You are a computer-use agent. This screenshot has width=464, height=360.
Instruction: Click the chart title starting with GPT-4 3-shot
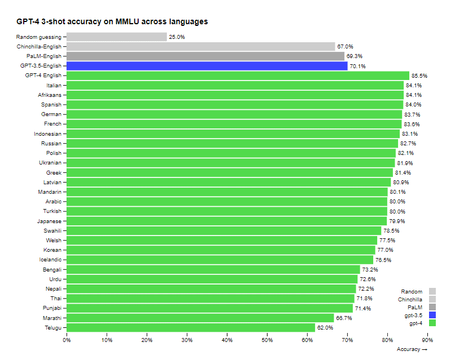pos(112,22)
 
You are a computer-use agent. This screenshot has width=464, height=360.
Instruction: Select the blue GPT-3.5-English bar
pos(207,66)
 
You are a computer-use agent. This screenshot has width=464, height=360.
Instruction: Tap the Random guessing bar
pos(117,37)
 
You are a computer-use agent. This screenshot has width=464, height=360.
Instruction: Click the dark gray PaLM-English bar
pos(205,56)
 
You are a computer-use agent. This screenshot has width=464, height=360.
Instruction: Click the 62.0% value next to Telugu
pos(325,327)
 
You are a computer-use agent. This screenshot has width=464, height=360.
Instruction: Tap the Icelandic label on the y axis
pos(51,260)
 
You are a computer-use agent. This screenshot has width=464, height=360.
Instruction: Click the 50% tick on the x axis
pos(267,340)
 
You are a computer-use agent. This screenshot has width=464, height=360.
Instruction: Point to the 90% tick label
pos(427,340)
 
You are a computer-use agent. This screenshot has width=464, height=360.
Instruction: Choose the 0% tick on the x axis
pos(67,340)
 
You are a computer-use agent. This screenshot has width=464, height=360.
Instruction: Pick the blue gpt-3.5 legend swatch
pos(432,315)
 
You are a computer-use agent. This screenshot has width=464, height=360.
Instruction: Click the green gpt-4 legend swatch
pos(432,323)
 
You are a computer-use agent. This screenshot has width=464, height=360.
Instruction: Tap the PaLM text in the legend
pos(414,307)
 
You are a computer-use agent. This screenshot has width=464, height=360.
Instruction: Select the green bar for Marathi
pos(200,318)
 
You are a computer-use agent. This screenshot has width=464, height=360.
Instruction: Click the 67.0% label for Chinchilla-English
pos(345,47)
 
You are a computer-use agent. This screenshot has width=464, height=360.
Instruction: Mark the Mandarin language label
pos(50,192)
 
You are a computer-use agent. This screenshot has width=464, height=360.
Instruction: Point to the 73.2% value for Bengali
pos(369,269)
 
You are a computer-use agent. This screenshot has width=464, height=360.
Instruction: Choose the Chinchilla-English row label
pos(39,47)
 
